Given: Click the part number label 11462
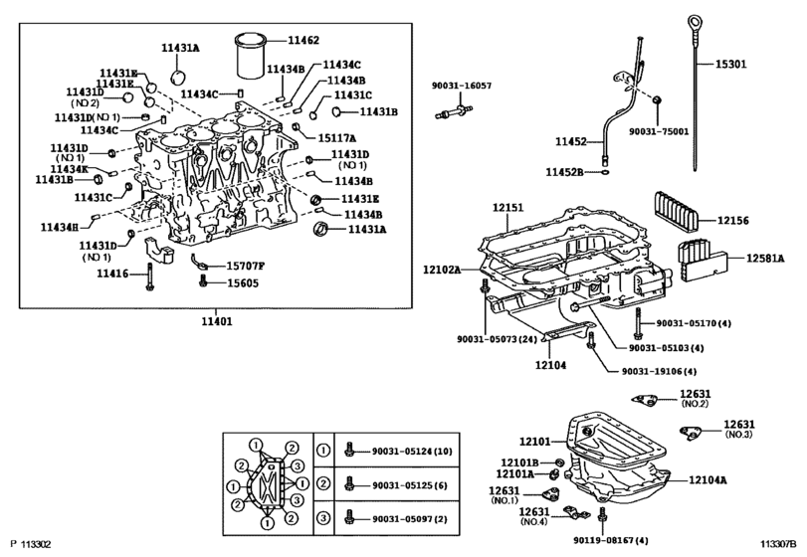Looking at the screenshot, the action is tap(303, 40).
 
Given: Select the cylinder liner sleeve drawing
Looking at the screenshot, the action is tap(251, 56).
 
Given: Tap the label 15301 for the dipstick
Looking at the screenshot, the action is tap(730, 65).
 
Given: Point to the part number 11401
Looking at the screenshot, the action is tap(217, 322).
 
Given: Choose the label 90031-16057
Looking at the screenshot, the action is tap(461, 86).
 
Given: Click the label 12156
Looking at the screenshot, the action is tap(733, 221).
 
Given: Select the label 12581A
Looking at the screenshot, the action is tap(765, 259).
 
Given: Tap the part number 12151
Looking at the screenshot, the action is tap(507, 208).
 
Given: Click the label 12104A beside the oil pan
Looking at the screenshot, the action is tap(708, 480).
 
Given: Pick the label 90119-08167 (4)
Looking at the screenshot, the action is tap(611, 540).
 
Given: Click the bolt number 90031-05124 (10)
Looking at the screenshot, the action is tap(412, 452).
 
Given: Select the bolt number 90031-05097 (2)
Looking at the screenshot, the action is tap(410, 519).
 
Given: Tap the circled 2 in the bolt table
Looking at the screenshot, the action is tap(323, 484).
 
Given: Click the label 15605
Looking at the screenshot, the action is tap(243, 283).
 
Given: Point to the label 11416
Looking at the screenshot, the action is tap(112, 274).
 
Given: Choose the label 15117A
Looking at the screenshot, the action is tap(336, 138).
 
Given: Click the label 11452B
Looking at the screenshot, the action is tap(564, 173).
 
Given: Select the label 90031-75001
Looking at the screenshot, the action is tap(659, 131).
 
